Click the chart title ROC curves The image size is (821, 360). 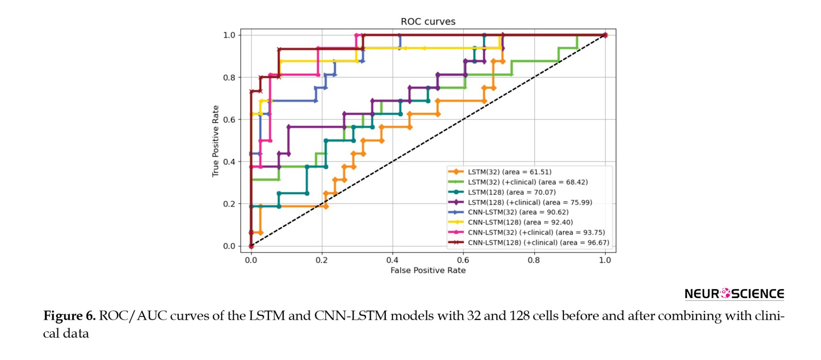[428, 21]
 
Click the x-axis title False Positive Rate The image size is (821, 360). [428, 271]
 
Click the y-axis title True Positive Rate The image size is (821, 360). [216, 141]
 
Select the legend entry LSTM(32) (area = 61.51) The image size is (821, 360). [509, 172]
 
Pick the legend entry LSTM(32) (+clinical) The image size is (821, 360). [527, 182]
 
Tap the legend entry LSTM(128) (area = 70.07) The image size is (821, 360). [511, 192]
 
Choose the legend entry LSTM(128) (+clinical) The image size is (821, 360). [530, 202]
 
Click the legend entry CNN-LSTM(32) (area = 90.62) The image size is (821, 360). [518, 212]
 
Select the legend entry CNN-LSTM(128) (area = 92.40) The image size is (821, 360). [520, 222]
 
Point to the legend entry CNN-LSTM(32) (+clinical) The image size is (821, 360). [536, 232]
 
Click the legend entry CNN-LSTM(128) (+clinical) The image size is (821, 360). [538, 243]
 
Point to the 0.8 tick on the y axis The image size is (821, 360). [229, 78]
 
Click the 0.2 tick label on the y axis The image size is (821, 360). [229, 204]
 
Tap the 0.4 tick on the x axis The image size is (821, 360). [392, 260]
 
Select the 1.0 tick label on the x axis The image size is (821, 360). [605, 260]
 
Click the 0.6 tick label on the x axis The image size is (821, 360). [463, 260]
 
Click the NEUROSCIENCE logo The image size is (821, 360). [734, 294]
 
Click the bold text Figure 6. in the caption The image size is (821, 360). [69, 316]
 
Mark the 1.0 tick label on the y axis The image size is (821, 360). [229, 35]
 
